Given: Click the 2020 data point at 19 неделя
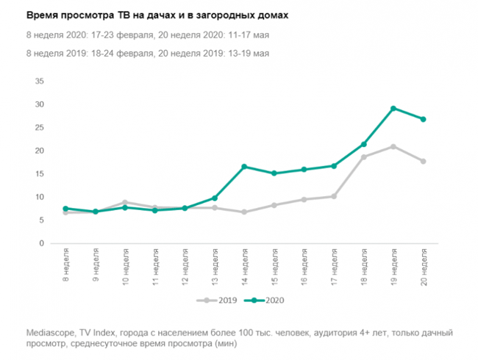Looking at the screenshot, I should [393, 109].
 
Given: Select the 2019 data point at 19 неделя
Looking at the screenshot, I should [393, 147].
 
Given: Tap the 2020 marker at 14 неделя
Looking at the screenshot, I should [244, 167].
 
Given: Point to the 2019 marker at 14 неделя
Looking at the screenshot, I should [244, 212].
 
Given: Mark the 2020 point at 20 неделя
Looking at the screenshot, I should [424, 119].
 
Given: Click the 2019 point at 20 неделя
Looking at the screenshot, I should [424, 161].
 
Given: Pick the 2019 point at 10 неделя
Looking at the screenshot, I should [125, 202].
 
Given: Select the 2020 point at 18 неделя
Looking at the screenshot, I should [363, 144].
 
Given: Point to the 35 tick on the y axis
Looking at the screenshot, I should [40, 81].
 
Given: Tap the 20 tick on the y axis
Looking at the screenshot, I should [40, 151].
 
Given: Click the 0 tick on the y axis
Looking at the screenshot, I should [43, 243].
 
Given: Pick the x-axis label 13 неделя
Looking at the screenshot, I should [215, 265].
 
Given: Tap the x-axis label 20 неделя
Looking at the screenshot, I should [424, 265].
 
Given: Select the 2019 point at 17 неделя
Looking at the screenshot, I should [334, 196].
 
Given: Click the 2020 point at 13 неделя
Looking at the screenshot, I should [215, 198].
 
